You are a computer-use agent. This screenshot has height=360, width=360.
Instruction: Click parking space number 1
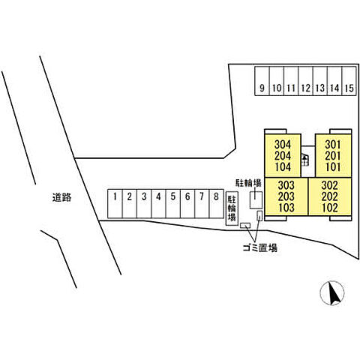pyautogui.click(x=115, y=203)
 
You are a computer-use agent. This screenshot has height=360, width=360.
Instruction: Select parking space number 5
pyautogui.click(x=173, y=203)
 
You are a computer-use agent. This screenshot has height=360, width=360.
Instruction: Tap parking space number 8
pyautogui.click(x=217, y=203)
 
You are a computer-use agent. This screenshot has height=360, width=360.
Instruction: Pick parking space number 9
pyautogui.click(x=262, y=81)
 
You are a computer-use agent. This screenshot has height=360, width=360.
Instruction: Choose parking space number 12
pyautogui.click(x=305, y=81)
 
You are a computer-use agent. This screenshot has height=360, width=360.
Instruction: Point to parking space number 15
pyautogui.click(x=349, y=81)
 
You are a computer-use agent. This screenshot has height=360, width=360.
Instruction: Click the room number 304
pyautogui.click(x=283, y=145)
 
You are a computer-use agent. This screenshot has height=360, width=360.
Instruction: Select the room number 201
pyautogui.click(x=333, y=156)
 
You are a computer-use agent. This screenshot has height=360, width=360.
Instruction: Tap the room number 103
pyautogui.click(x=286, y=208)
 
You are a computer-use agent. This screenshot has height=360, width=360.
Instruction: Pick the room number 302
pyautogui.click(x=330, y=185)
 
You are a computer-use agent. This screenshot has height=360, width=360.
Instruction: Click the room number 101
pyautogui.click(x=333, y=167)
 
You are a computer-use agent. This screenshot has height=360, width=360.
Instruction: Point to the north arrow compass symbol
pyautogui.click(x=332, y=292)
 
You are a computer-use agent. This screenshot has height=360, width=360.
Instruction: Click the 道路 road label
pyautogui.click(x=61, y=197)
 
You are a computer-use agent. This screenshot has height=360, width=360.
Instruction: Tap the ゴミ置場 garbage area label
pyautogui.click(x=259, y=248)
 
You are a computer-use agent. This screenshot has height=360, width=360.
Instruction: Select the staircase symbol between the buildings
pyautogui.click(x=304, y=160)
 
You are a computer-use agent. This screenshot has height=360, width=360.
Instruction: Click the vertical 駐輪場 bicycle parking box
pyautogui.click(x=232, y=208)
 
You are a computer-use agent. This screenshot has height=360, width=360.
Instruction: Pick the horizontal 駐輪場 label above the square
pyautogui.click(x=249, y=183)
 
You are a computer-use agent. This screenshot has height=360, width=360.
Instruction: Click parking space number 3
pyautogui.click(x=144, y=203)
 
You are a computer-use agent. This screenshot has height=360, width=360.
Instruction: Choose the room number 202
pyautogui.click(x=330, y=196)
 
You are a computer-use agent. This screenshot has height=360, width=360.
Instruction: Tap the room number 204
pyautogui.click(x=283, y=156)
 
